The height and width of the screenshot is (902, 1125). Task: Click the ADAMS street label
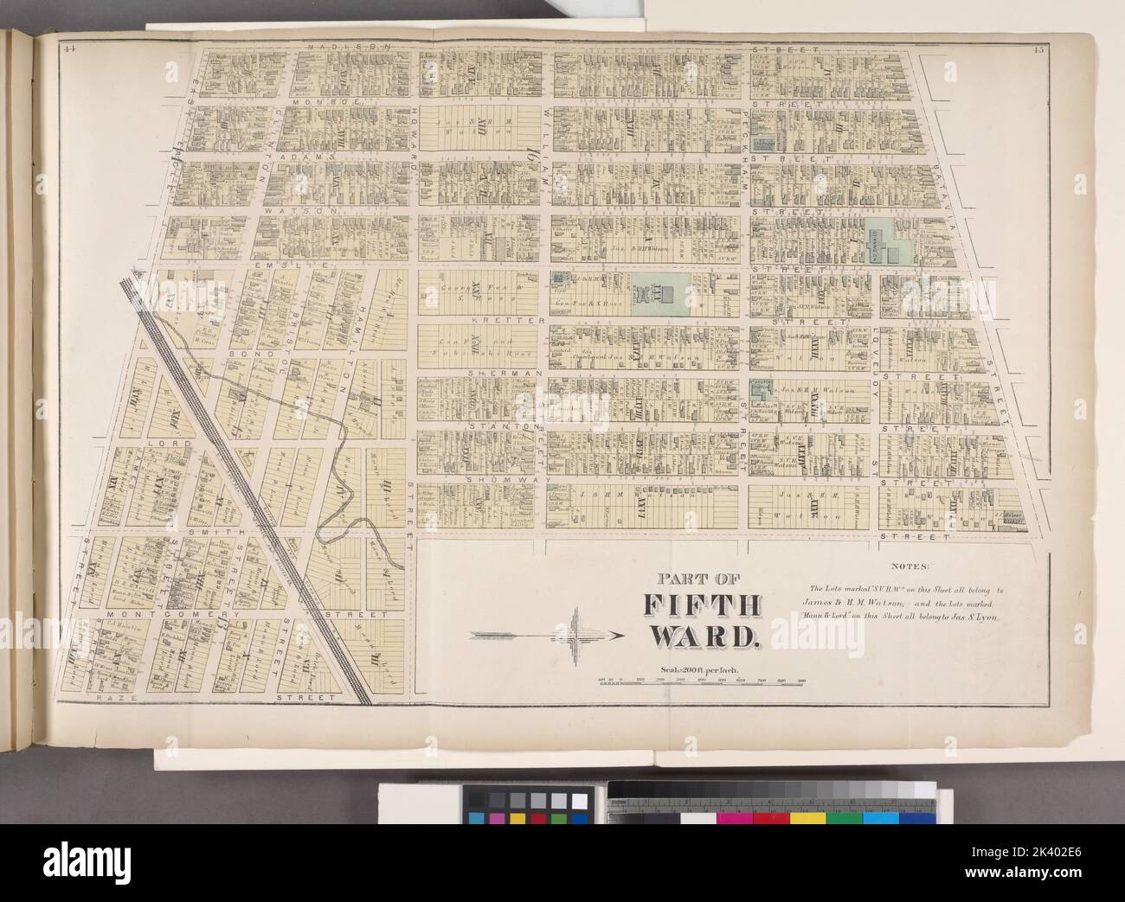tap(313, 158)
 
